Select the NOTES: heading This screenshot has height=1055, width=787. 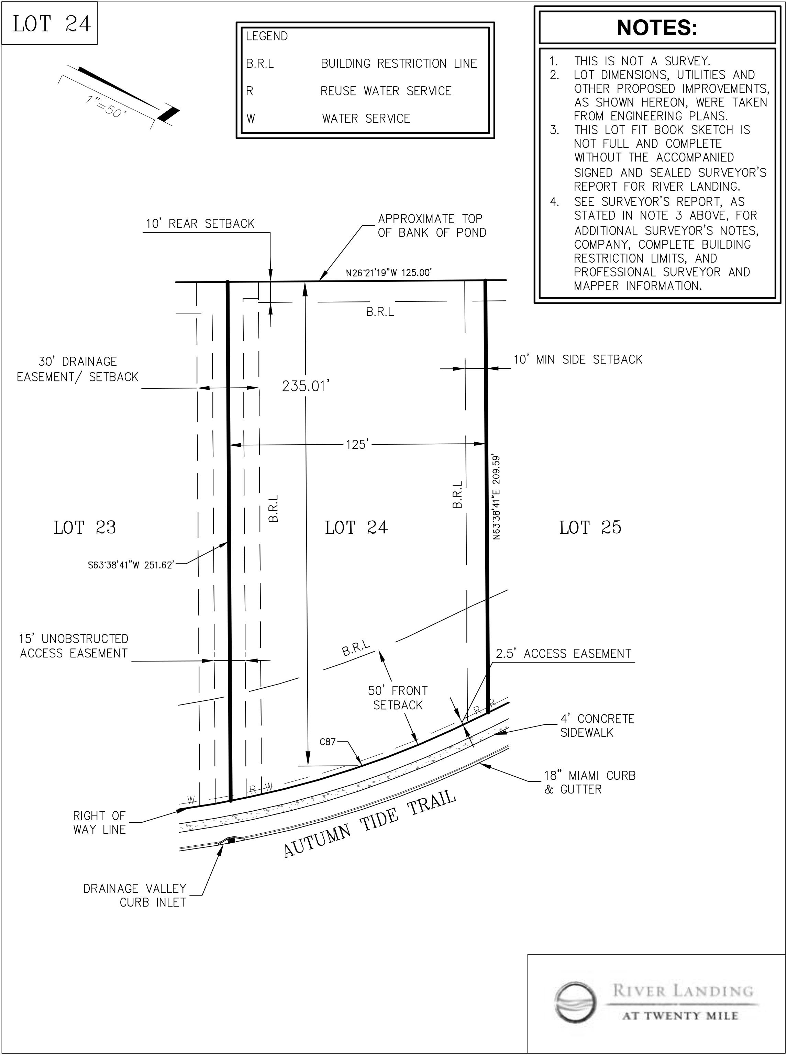pyautogui.click(x=657, y=27)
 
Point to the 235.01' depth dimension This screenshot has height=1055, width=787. pyautogui.click(x=306, y=386)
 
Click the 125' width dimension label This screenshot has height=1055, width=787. pyautogui.click(x=357, y=444)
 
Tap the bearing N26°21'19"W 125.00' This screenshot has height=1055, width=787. pyautogui.click(x=389, y=273)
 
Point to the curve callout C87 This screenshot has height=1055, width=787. pyautogui.click(x=328, y=742)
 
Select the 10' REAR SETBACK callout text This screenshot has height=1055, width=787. pyautogui.click(x=200, y=224)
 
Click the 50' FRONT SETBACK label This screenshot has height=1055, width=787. pyautogui.click(x=398, y=698)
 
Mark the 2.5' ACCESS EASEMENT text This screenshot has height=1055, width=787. pyautogui.click(x=564, y=654)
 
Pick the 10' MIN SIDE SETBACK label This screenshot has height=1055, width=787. pyautogui.click(x=578, y=359)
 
